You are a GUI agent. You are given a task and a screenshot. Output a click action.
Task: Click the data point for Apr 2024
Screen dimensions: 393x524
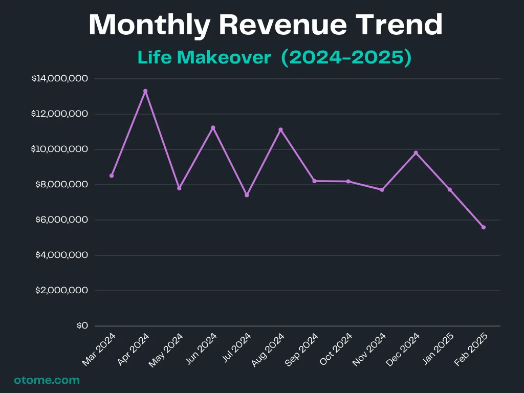click(x=145, y=91)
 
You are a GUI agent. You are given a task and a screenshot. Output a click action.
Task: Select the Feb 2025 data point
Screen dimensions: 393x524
click(x=483, y=227)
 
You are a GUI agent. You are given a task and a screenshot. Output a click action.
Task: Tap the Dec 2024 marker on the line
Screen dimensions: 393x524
click(x=416, y=152)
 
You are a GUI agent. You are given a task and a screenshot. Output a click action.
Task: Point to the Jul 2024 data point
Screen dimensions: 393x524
click(x=247, y=195)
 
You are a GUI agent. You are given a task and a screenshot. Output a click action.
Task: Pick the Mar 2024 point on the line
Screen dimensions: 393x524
click(x=112, y=176)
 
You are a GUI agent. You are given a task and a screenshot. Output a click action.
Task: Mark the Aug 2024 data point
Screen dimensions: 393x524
click(x=280, y=129)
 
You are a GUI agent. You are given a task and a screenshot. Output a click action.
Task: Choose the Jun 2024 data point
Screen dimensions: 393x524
click(x=213, y=127)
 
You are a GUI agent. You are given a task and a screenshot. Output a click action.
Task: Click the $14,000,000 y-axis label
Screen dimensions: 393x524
click(x=60, y=79)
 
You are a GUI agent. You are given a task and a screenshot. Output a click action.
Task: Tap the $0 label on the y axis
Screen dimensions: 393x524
click(x=82, y=326)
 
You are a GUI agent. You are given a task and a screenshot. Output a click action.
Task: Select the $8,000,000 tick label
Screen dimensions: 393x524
click(x=61, y=185)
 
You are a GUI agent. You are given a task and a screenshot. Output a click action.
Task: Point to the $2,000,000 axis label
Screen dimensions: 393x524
click(x=61, y=291)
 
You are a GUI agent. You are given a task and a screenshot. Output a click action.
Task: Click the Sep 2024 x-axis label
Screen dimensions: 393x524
click(x=301, y=349)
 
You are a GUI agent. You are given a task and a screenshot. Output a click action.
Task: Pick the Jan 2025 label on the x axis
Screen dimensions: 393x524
click(x=438, y=349)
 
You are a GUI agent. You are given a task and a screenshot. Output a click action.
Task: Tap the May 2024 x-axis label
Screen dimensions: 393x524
click(x=166, y=349)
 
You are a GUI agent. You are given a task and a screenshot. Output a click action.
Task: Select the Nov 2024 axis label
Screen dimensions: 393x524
click(x=369, y=349)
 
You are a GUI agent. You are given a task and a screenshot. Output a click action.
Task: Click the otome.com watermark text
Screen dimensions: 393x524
click(x=47, y=380)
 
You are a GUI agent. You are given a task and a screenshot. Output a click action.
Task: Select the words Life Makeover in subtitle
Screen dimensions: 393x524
click(x=204, y=58)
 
